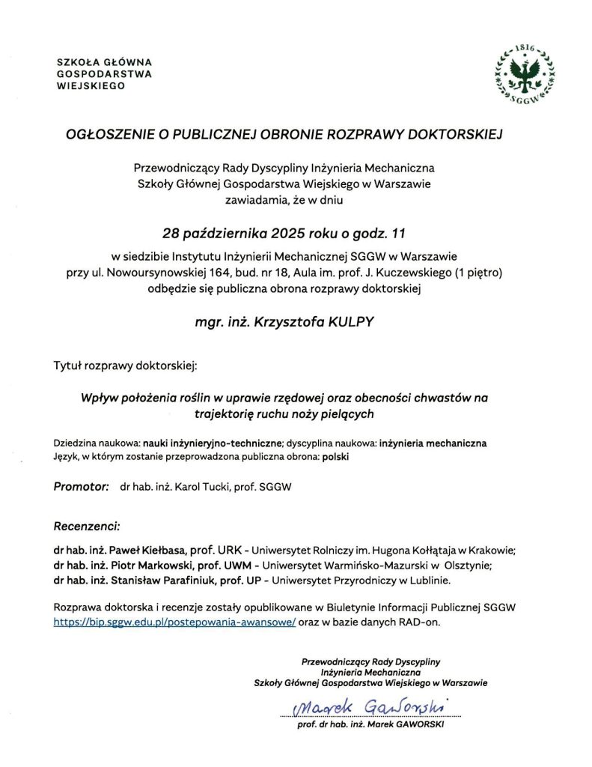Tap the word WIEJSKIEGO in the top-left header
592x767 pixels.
[87, 85]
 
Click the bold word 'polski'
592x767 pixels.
[336, 455]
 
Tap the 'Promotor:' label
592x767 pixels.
[82, 487]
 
